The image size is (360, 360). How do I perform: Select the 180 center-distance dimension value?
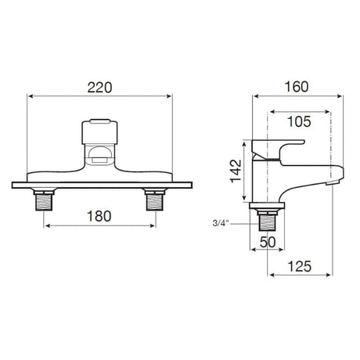(x=99, y=214)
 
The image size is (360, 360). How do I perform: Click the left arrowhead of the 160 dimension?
(x=255, y=97)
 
